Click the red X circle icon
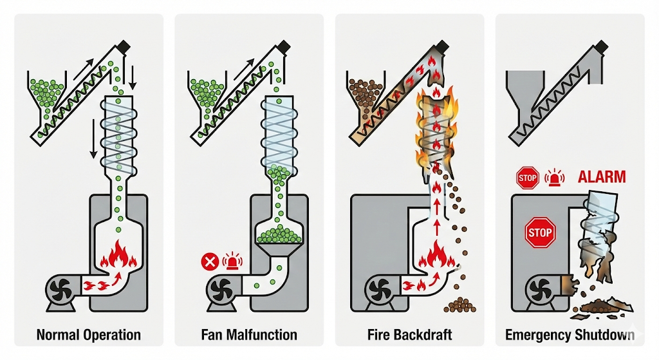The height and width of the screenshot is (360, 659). [210, 261]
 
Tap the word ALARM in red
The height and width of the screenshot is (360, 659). [602, 176]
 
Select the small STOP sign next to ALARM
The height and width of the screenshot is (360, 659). [528, 178]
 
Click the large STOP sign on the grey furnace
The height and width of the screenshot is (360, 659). [541, 232]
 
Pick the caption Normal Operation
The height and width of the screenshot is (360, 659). [89, 335]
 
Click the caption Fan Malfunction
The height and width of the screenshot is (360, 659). [249, 335]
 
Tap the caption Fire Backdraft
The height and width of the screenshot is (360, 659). [410, 335]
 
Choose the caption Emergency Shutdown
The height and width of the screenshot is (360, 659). [570, 335]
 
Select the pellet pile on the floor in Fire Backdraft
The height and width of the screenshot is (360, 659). [459, 305]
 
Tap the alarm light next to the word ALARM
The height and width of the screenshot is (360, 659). [554, 178]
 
